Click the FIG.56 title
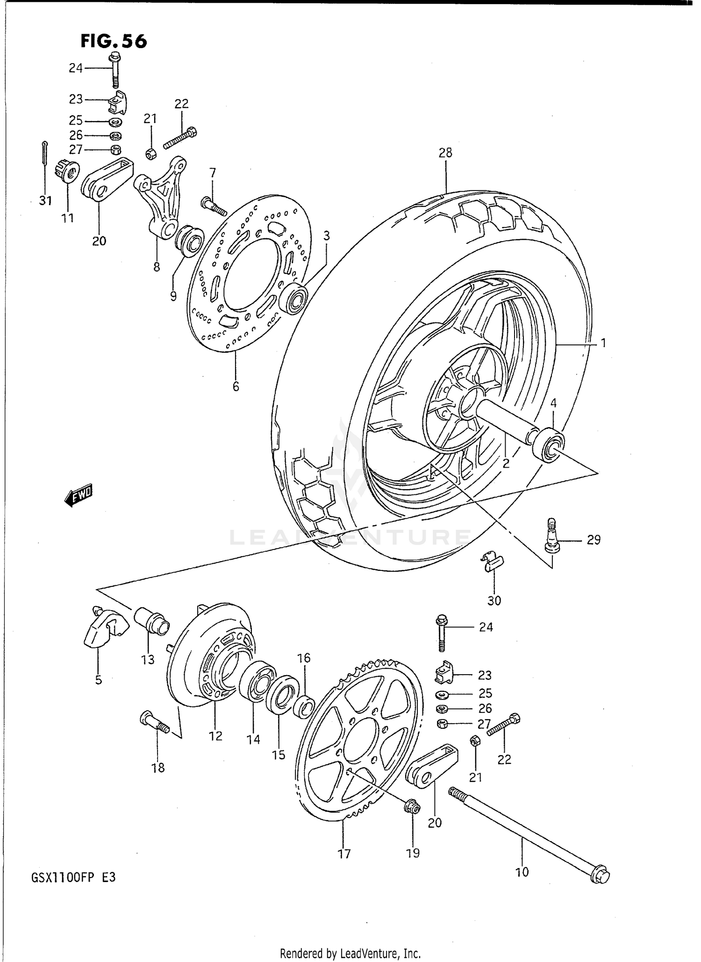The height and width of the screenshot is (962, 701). pyautogui.click(x=114, y=41)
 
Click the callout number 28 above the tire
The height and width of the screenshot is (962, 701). pyautogui.click(x=445, y=153)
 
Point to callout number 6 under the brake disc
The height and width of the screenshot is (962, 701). pyautogui.click(x=236, y=386)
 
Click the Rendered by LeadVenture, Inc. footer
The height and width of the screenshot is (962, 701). pyautogui.click(x=350, y=953)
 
